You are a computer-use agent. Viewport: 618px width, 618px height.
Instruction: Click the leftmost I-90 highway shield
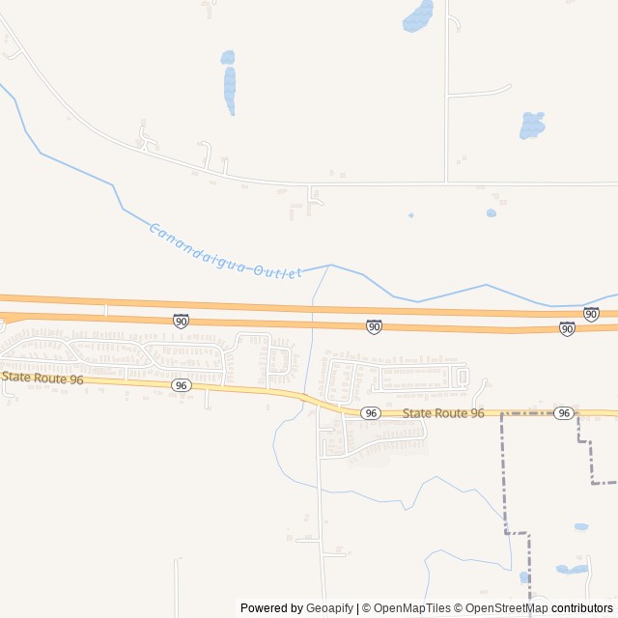181,320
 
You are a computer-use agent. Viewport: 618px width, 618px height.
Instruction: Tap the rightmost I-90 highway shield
591,314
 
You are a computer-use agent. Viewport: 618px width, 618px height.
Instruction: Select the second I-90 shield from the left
374,327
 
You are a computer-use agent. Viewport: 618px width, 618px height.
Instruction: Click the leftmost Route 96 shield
181,385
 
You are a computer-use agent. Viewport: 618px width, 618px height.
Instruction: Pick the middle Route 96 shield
371,412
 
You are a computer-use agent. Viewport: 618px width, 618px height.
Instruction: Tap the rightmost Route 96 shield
564,413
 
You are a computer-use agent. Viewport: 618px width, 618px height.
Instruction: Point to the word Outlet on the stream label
278,271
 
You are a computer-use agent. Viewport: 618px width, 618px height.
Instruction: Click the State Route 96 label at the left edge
42,378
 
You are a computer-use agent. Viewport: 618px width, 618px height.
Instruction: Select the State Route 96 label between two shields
443,413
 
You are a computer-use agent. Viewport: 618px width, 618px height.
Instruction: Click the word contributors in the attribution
583,608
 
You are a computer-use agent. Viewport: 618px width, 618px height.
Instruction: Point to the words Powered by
271,608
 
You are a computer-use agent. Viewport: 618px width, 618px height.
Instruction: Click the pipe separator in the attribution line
358,608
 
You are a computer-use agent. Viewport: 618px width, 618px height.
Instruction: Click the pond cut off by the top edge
418,14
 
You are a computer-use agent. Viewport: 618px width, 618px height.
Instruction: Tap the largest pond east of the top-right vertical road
532,126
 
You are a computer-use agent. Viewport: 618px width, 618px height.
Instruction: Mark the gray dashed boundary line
503,473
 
